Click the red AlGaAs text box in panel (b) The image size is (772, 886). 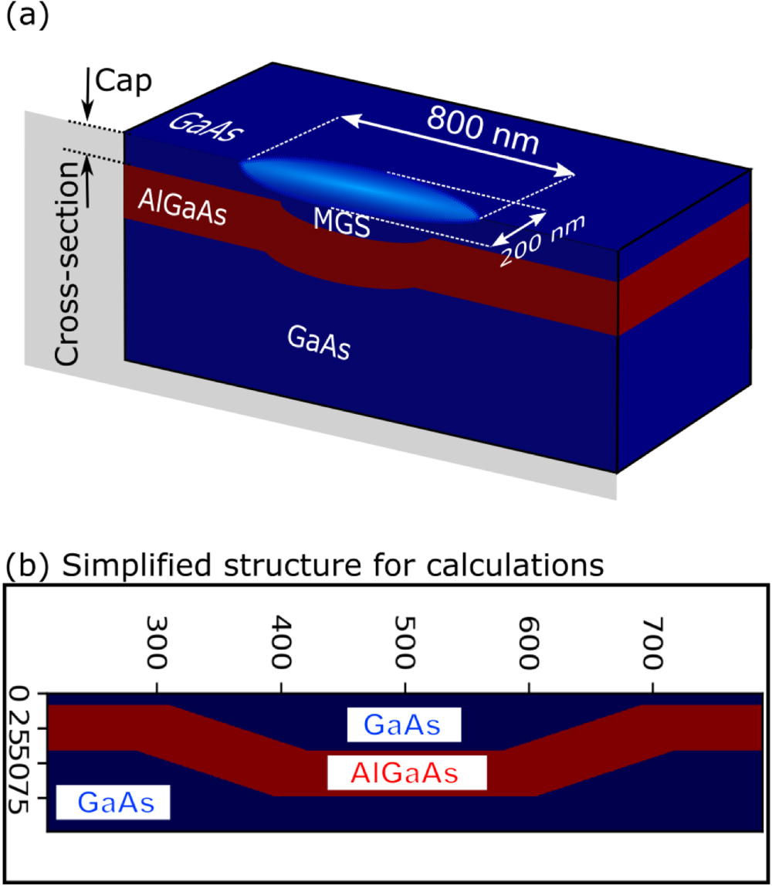tap(406, 772)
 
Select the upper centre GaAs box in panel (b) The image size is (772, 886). tap(403, 726)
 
